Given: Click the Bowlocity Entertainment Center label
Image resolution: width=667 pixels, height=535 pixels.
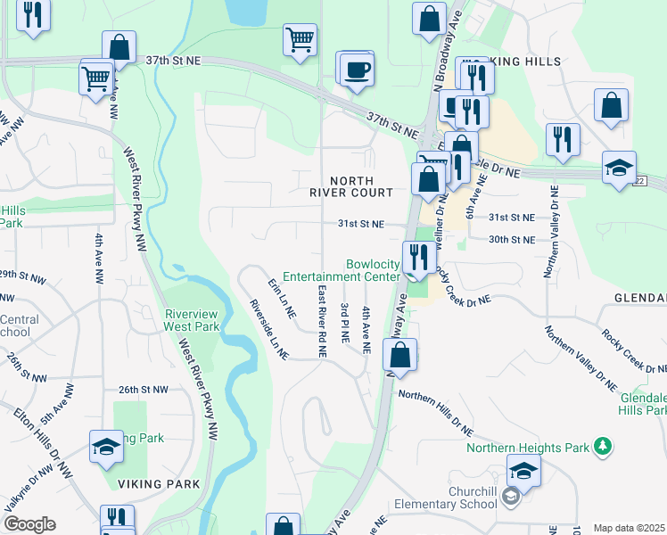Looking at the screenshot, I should tap(373, 270).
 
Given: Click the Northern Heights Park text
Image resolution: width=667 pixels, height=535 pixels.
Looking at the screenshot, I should tap(530, 447).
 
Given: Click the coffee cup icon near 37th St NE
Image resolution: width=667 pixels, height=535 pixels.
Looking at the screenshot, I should tap(356, 70).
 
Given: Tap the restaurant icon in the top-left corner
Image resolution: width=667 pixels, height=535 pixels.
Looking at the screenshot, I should tap(33, 15).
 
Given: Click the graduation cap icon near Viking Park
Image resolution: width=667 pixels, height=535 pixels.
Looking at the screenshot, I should tap(106, 448).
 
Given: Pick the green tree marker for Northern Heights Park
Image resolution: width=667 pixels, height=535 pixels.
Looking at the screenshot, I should tap(604, 445).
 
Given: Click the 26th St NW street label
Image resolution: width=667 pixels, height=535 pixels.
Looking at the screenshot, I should tap(143, 390).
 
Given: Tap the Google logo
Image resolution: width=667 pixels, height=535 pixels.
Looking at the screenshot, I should tap(29, 524).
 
